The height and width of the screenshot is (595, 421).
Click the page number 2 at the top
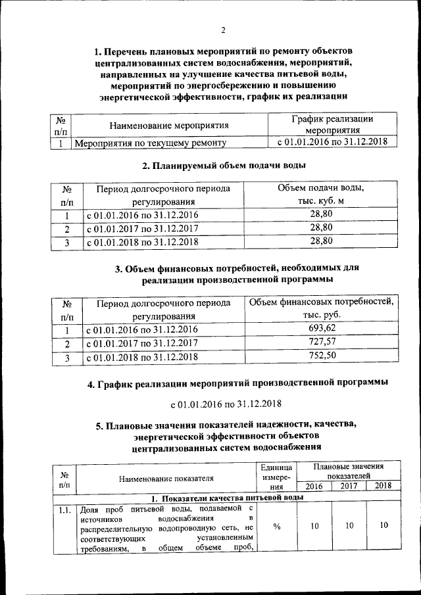tap(223, 30)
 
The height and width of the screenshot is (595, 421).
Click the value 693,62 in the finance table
tap(322, 327)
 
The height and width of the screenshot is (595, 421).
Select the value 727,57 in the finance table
tap(322, 342)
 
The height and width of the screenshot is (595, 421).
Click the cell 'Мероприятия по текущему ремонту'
tap(151, 142)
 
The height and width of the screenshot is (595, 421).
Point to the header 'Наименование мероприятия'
tap(169, 125)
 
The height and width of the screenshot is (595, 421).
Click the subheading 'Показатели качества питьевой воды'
tap(227, 498)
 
